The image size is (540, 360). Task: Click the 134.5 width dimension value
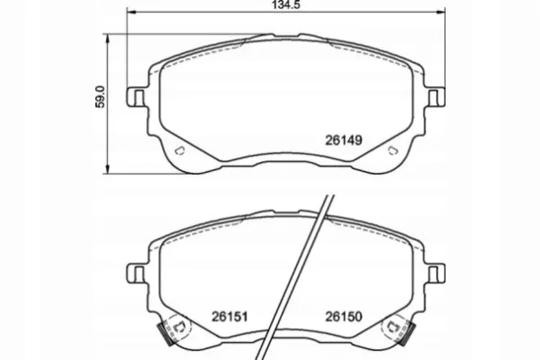tap(286, 4)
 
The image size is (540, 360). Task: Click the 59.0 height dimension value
tap(101, 97)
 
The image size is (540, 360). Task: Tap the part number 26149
tap(344, 140)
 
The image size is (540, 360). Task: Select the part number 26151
tap(229, 317)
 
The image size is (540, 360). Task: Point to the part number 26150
tap(344, 317)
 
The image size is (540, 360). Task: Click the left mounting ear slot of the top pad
tap(139, 97)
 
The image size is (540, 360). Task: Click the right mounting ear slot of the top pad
tap(433, 97)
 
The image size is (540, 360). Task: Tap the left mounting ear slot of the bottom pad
tap(139, 274)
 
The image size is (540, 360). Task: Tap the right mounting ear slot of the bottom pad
tap(433, 274)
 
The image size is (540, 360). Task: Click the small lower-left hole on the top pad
tap(179, 150)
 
